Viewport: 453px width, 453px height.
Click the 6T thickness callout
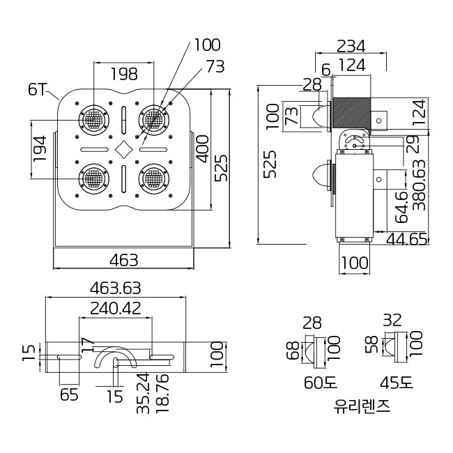coord(38,89)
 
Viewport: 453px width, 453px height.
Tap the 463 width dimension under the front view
coord(124,260)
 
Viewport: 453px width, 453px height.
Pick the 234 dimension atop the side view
coord(351,46)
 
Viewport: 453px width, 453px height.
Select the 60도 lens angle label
coord(319,383)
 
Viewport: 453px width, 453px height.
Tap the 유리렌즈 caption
coord(362,406)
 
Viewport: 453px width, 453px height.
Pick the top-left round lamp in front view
coord(93,120)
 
